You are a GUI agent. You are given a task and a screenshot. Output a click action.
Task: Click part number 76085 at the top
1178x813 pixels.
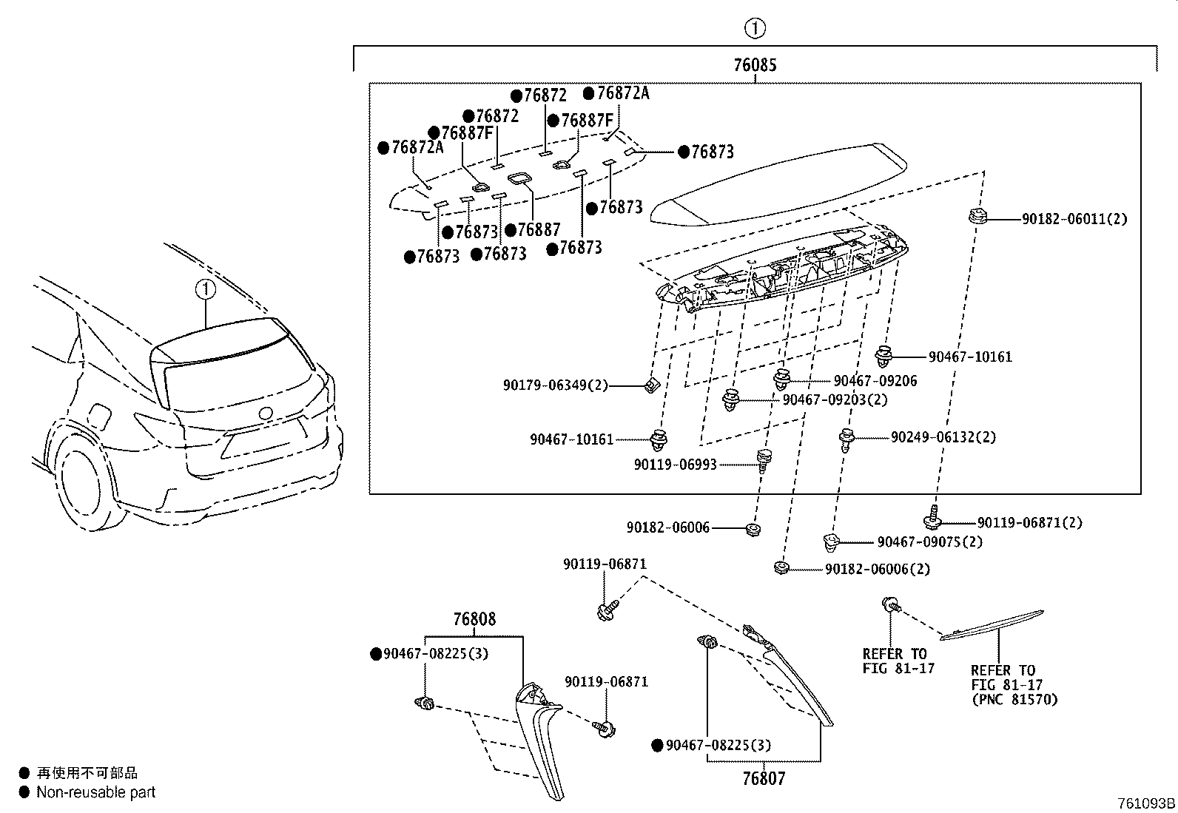click(755, 65)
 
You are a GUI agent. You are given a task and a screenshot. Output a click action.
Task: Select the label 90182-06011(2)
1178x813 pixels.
click(1074, 219)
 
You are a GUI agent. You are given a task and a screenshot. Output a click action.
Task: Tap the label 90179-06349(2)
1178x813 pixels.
click(555, 385)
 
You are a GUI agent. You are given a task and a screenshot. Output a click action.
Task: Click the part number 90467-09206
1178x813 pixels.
click(875, 381)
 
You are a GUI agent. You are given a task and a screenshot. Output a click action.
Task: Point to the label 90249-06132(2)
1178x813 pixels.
click(943, 437)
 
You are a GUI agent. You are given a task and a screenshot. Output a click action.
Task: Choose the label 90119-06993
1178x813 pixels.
click(675, 465)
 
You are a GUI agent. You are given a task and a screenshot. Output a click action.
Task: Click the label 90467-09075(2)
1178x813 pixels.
click(929, 542)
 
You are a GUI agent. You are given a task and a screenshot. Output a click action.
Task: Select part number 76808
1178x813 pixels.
click(474, 619)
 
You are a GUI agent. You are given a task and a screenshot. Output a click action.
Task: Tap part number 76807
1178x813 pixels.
click(764, 778)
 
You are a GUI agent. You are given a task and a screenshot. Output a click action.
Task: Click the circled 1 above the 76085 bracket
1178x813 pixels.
click(755, 29)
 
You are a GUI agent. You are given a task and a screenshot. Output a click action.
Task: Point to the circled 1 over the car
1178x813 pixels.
click(205, 289)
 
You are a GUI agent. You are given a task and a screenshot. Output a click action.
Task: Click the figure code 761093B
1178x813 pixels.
click(1146, 803)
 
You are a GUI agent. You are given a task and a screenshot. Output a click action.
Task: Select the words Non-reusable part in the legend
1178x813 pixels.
click(96, 792)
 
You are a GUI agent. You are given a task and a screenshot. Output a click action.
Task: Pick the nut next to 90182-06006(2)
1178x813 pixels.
click(780, 567)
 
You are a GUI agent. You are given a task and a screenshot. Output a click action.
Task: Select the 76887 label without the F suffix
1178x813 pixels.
click(538, 230)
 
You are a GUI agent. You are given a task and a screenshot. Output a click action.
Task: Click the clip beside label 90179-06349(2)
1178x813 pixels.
click(650, 385)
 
